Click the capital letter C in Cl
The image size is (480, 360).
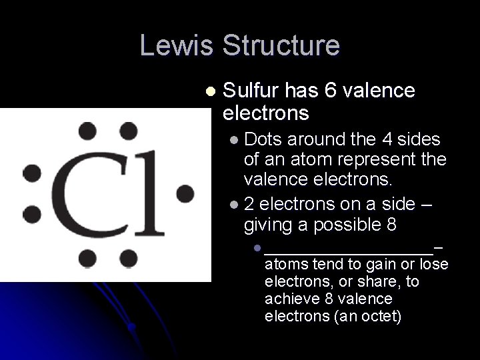point(84,193)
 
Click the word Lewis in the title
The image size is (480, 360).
point(178,45)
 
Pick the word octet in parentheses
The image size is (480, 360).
point(377,315)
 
